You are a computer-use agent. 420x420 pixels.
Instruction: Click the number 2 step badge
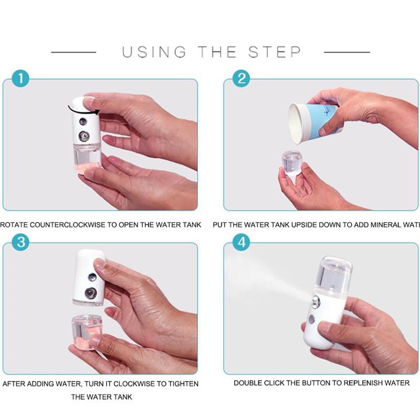pos(241,79)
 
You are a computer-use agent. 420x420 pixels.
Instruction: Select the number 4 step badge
pos(241,242)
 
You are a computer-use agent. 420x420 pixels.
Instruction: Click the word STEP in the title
pos(275,52)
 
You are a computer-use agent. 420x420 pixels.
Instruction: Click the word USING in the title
pos(154,52)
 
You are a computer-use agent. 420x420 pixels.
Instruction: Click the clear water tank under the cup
pos(291,163)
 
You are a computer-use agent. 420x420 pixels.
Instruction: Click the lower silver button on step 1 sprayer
pos(84,136)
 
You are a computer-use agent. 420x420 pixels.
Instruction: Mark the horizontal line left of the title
pos(73,52)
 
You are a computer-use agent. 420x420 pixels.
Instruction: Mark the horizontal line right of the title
pos(347,52)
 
